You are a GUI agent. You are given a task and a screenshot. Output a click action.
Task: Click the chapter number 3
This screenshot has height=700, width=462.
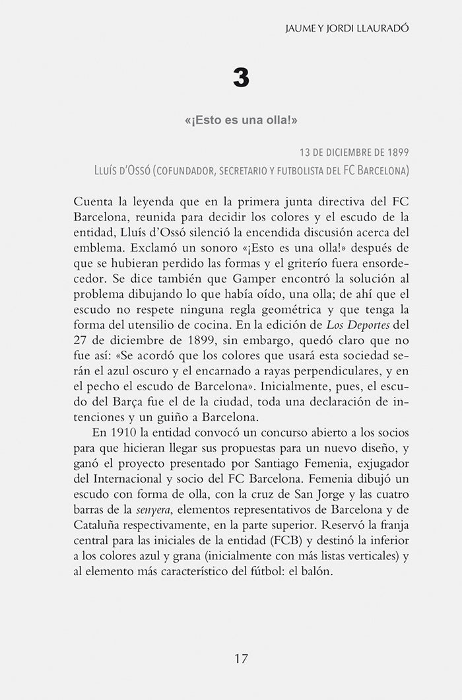(x=241, y=79)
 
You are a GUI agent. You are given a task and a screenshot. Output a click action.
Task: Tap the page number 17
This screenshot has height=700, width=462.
(x=241, y=658)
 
